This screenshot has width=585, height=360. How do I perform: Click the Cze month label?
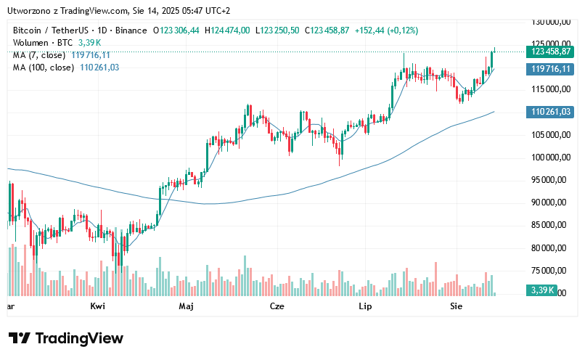pyautogui.click(x=277, y=307)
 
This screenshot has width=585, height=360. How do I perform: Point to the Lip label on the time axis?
pyautogui.click(x=366, y=307)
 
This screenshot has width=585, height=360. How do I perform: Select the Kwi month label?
pyautogui.click(x=98, y=307)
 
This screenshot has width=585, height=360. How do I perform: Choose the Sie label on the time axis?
pyautogui.click(x=457, y=307)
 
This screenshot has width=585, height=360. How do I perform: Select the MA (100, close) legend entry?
pyautogui.click(x=44, y=67)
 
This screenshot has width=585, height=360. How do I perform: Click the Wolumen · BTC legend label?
pyautogui.click(x=41, y=43)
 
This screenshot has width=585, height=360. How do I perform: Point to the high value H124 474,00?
pyautogui.click(x=227, y=30)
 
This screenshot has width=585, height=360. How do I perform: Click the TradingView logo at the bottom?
pyautogui.click(x=66, y=338)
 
